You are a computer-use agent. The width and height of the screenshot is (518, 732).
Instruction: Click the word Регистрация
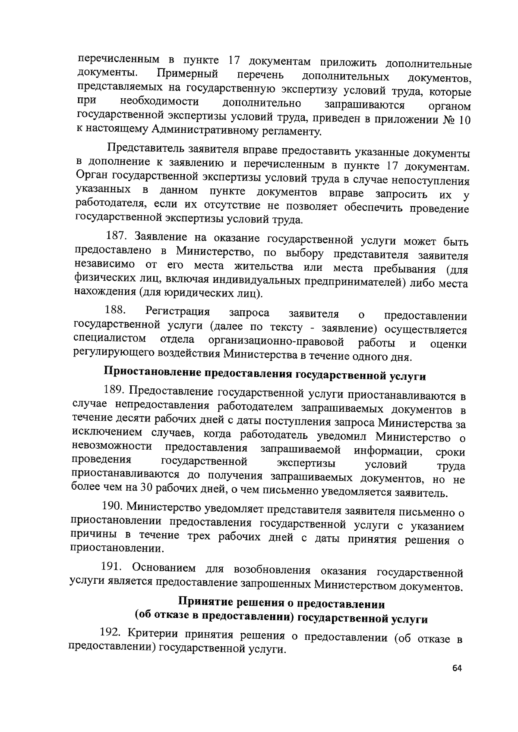tap(178, 312)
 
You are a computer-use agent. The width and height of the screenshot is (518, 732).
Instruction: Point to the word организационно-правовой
tap(276, 342)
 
